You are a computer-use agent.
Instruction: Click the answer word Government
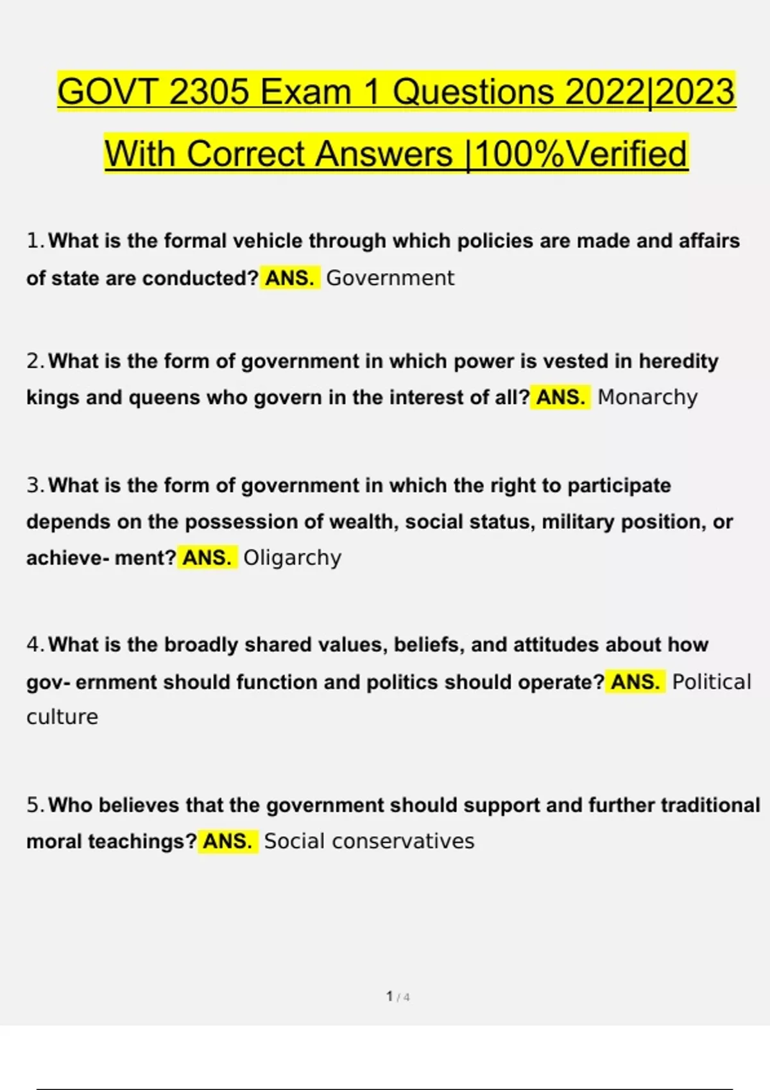389,278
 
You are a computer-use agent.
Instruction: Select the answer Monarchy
647,398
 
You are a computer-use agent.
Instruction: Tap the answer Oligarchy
292,558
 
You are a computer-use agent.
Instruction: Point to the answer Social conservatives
369,841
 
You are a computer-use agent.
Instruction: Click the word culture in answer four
62,717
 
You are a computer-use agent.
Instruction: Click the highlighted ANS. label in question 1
289,278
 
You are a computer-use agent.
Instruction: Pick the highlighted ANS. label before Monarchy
560,398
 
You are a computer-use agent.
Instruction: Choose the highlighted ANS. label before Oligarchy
207,558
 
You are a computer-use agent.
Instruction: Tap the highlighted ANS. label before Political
635,682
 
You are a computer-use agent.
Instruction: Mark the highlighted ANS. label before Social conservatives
228,841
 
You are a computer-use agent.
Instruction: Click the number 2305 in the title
209,92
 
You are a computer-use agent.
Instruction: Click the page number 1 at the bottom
389,996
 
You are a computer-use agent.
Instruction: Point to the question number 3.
34,485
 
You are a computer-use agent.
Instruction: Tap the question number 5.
34,805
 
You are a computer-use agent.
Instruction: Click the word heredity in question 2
678,362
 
